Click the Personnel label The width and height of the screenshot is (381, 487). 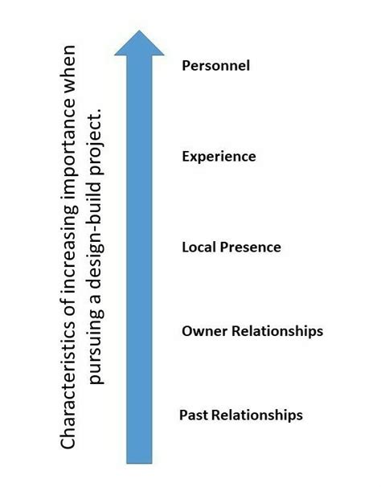[x=216, y=66]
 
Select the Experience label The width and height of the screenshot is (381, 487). [x=219, y=157]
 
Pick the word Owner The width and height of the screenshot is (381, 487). [x=201, y=331]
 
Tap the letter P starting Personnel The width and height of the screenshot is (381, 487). [x=186, y=66]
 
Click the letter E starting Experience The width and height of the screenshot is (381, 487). [x=186, y=157]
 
